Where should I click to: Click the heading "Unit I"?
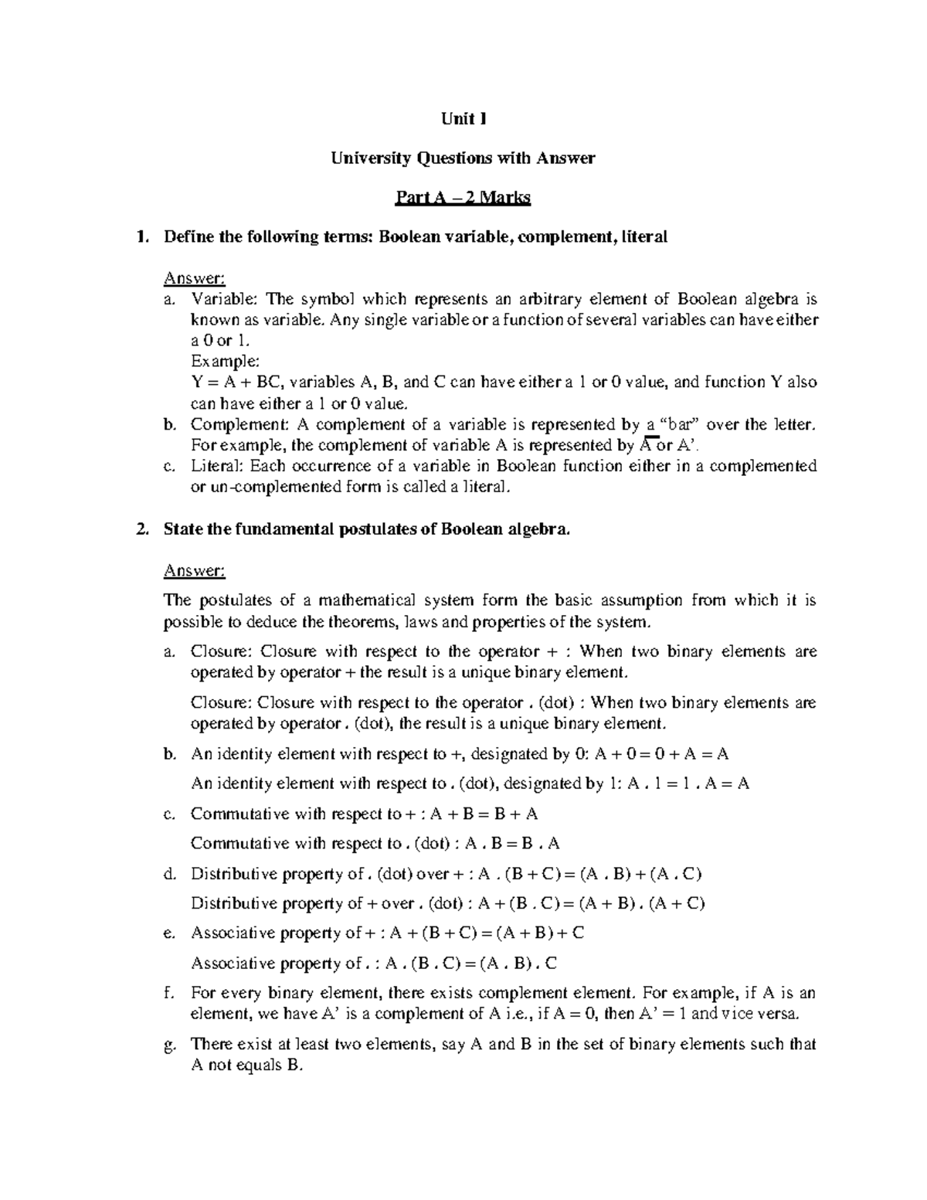(x=463, y=119)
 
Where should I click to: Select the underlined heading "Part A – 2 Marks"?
(x=463, y=199)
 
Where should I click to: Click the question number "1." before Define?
(x=141, y=237)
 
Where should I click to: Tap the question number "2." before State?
(x=141, y=529)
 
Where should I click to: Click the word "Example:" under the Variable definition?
(x=225, y=362)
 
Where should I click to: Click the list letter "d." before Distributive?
(x=171, y=874)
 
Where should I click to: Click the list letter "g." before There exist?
(x=171, y=1045)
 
